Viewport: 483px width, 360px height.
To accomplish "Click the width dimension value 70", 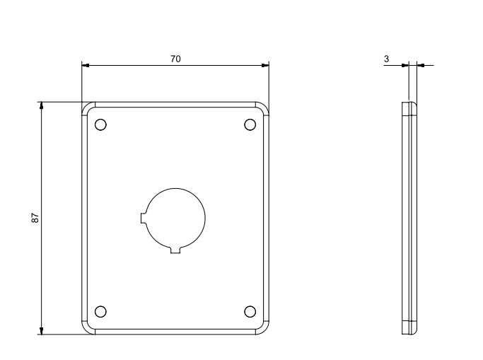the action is point(175,59).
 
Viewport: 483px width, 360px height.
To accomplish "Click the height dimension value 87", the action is point(35,218).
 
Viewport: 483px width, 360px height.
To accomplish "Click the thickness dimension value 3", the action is point(387,59).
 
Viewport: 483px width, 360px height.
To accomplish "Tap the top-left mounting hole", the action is point(100,125).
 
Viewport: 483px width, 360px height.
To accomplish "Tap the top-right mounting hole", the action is point(250,125).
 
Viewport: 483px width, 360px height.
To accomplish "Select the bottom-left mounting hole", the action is point(100,312).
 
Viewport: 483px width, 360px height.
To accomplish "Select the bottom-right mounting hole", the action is point(250,312).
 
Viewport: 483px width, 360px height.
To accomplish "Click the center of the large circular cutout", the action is point(175,219).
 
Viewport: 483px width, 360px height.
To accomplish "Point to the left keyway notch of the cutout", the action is point(143,219).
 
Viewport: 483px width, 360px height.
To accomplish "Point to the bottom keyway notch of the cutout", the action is point(175,250).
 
